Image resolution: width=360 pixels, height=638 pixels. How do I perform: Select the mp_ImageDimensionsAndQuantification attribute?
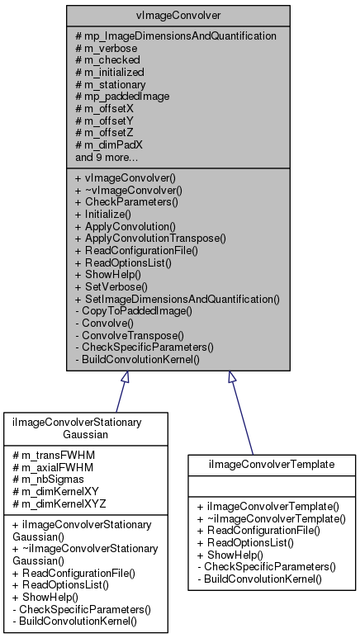(175, 35)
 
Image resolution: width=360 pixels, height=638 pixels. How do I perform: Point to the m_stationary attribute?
(111, 83)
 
